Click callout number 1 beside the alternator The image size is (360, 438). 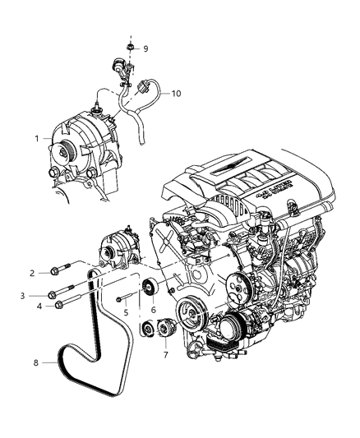click(35, 139)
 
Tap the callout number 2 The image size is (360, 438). click(34, 273)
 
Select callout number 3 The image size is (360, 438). click(34, 294)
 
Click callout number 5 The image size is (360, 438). click(126, 313)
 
